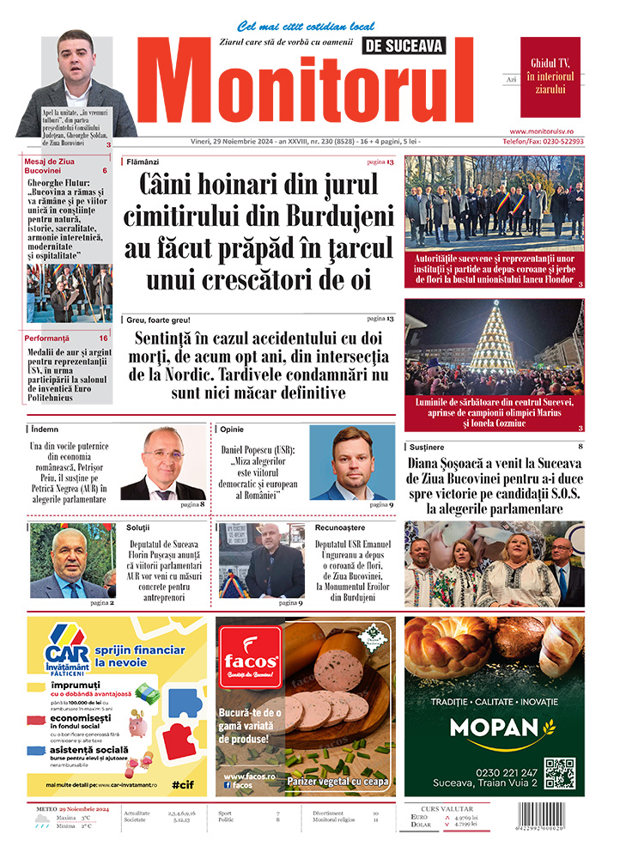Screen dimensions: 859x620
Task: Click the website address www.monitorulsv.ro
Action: pyautogui.click(x=552, y=131)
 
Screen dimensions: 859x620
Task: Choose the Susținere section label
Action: pyautogui.click(x=427, y=448)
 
